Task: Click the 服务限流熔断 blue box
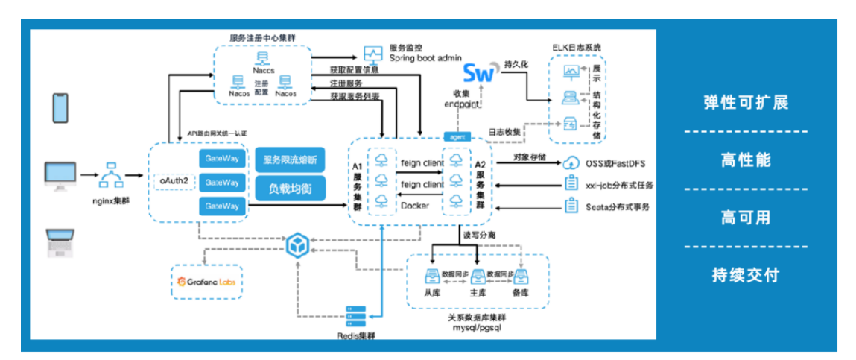pyautogui.click(x=290, y=160)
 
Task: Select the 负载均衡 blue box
pyautogui.click(x=290, y=188)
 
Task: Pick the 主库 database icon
pyautogui.click(x=478, y=277)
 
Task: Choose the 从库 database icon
pyautogui.click(x=433, y=277)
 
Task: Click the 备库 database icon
pyautogui.click(x=521, y=277)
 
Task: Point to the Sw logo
pyautogui.click(x=479, y=73)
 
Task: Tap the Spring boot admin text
pyautogui.click(x=425, y=57)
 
